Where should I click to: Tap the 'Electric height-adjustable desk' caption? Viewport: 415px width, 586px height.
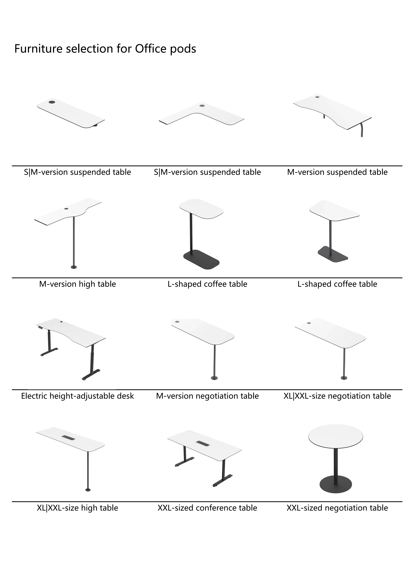[77, 396]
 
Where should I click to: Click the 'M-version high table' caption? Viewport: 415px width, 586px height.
[77, 284]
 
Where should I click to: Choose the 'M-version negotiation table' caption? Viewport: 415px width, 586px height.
[207, 396]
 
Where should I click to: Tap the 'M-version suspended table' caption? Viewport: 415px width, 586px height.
[337, 172]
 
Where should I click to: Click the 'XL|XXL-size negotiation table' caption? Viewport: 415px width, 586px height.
[337, 396]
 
